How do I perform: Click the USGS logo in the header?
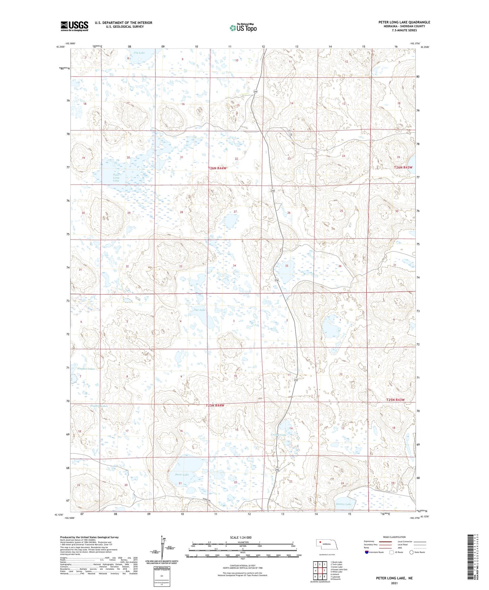pyautogui.click(x=74, y=26)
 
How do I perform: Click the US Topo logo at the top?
pyautogui.click(x=243, y=28)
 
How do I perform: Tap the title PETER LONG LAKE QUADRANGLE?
pyautogui.click(x=404, y=22)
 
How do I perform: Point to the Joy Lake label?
pyautogui.click(x=139, y=53)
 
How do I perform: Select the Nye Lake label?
pyautogui.click(x=199, y=310)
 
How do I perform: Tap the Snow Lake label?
pyautogui.click(x=182, y=475)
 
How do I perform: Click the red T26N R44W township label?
pyautogui.click(x=217, y=168)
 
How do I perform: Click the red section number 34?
pyautogui.click(x=234, y=266)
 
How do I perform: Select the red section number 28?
pyautogui.click(x=181, y=212)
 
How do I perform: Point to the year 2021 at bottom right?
pyautogui.click(x=394, y=583)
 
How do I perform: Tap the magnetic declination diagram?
pyautogui.click(x=162, y=551)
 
